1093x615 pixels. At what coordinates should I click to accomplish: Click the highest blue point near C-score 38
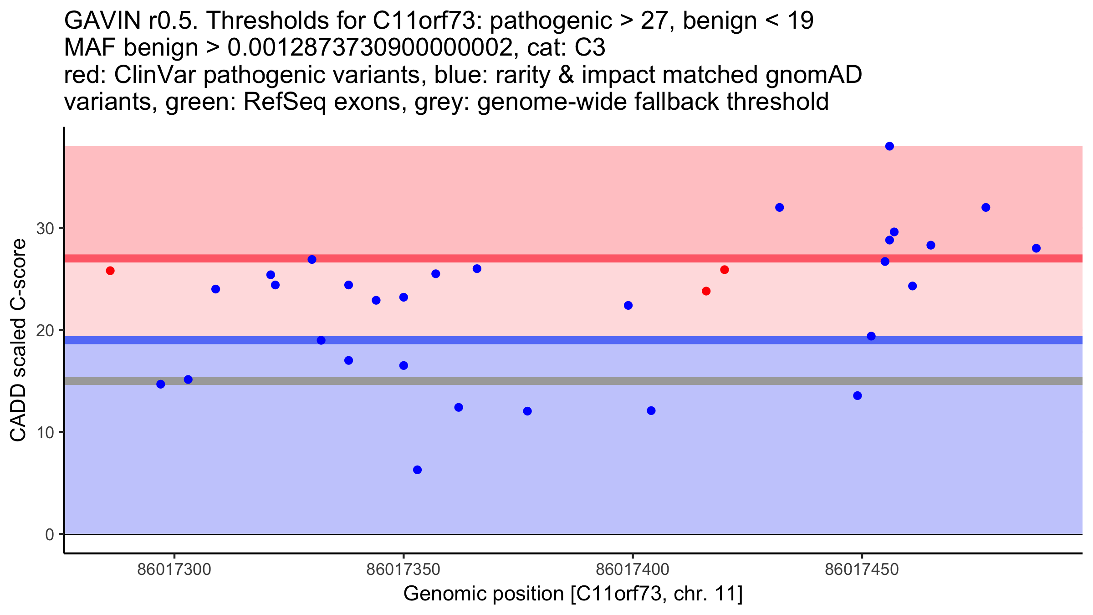pyautogui.click(x=889, y=146)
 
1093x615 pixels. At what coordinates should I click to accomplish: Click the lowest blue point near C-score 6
pyautogui.click(x=417, y=470)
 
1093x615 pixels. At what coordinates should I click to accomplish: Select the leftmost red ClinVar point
pyautogui.click(x=110, y=271)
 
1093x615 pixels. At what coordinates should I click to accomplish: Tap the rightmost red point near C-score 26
pyautogui.click(x=725, y=270)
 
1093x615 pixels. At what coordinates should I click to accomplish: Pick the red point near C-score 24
pyautogui.click(x=706, y=291)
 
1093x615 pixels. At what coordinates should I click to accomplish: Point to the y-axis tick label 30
pyautogui.click(x=45, y=228)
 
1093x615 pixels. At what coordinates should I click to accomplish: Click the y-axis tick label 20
pyautogui.click(x=45, y=330)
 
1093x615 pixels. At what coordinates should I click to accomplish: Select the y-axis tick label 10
pyautogui.click(x=45, y=432)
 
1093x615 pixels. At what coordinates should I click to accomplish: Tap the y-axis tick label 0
pyautogui.click(x=50, y=534)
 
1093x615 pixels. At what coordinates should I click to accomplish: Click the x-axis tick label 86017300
pyautogui.click(x=174, y=569)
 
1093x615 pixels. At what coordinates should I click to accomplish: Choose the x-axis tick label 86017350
pyautogui.click(x=403, y=569)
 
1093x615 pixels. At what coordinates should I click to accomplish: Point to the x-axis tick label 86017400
pyautogui.click(x=633, y=569)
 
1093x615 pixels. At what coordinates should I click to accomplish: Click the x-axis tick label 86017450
pyautogui.click(x=862, y=569)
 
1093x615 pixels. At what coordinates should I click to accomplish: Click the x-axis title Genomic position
pyautogui.click(x=573, y=594)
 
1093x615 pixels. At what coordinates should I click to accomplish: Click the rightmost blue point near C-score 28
pyautogui.click(x=1036, y=248)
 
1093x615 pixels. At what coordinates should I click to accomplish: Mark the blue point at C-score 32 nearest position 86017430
pyautogui.click(x=780, y=208)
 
